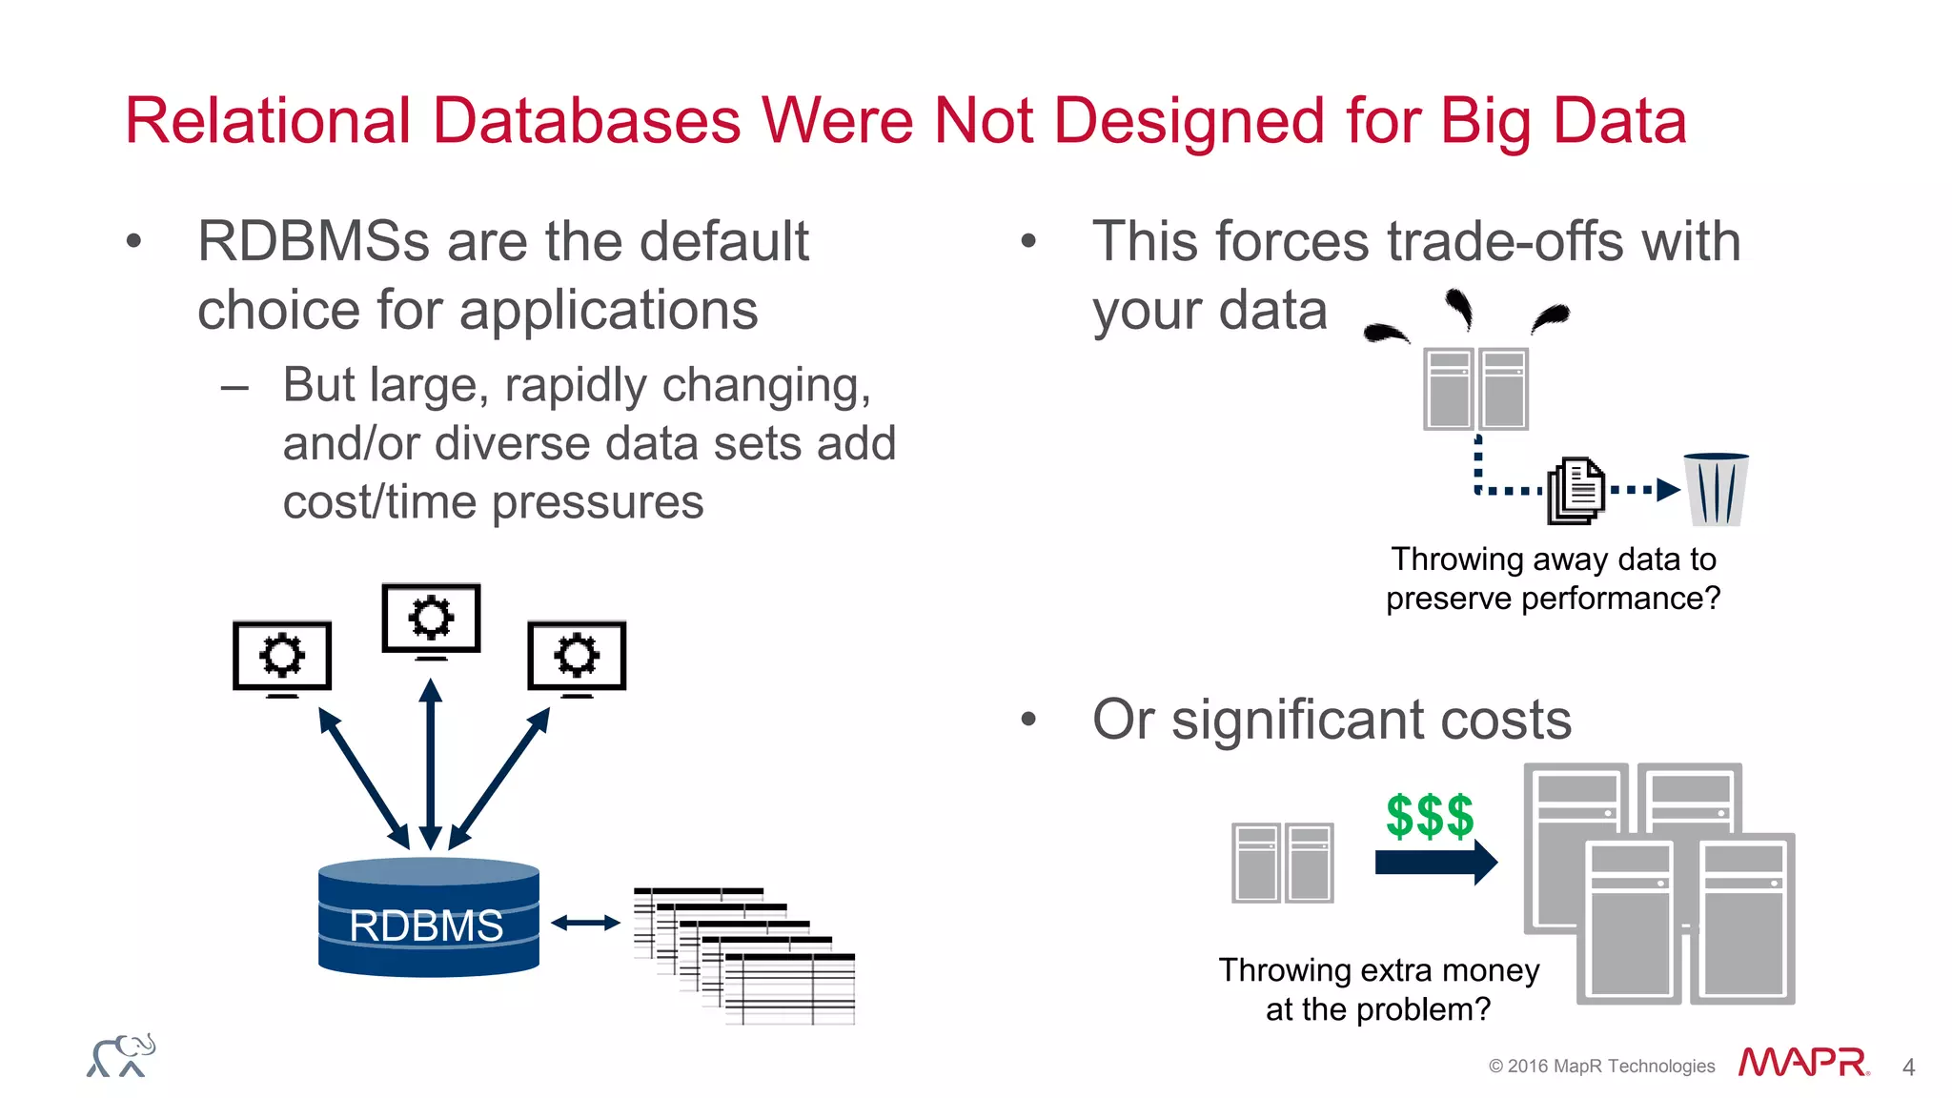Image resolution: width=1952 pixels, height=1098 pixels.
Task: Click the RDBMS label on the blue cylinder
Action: pyautogui.click(x=426, y=925)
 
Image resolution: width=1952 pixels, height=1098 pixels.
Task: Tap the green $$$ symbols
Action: pyautogui.click(x=1430, y=817)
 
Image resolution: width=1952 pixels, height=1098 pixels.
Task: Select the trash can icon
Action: pyautogui.click(x=1717, y=490)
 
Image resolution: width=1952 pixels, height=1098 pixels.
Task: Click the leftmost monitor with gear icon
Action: pyautogui.click(x=282, y=657)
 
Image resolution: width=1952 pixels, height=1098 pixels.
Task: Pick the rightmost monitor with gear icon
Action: pyautogui.click(x=577, y=657)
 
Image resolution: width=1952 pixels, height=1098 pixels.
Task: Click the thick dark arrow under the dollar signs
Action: pyautogui.click(x=1435, y=863)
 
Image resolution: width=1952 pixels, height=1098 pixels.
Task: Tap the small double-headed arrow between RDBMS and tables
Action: pyautogui.click(x=585, y=923)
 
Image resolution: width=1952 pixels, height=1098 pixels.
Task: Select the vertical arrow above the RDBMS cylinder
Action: pyautogui.click(x=431, y=762)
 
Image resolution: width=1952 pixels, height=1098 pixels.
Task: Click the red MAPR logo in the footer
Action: pyautogui.click(x=1802, y=1063)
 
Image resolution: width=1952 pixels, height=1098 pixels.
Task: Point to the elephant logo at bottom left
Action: pyautogui.click(x=121, y=1056)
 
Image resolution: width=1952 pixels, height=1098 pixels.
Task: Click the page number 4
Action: pyautogui.click(x=1908, y=1067)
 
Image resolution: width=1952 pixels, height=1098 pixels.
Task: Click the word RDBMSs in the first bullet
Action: pyautogui.click(x=314, y=241)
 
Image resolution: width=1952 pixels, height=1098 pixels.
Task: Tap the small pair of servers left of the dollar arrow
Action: pyautogui.click(x=1282, y=863)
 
